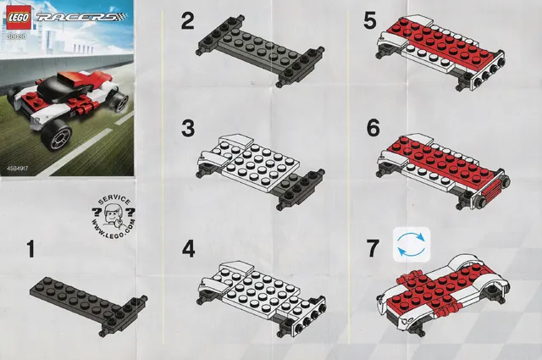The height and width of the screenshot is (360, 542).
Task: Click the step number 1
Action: pyautogui.click(x=30, y=250)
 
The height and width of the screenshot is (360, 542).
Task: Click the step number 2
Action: pyautogui.click(x=187, y=21)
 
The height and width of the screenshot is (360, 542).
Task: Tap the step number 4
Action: pyautogui.click(x=189, y=250)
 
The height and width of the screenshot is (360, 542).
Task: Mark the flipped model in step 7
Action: pyautogui.click(x=445, y=288)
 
